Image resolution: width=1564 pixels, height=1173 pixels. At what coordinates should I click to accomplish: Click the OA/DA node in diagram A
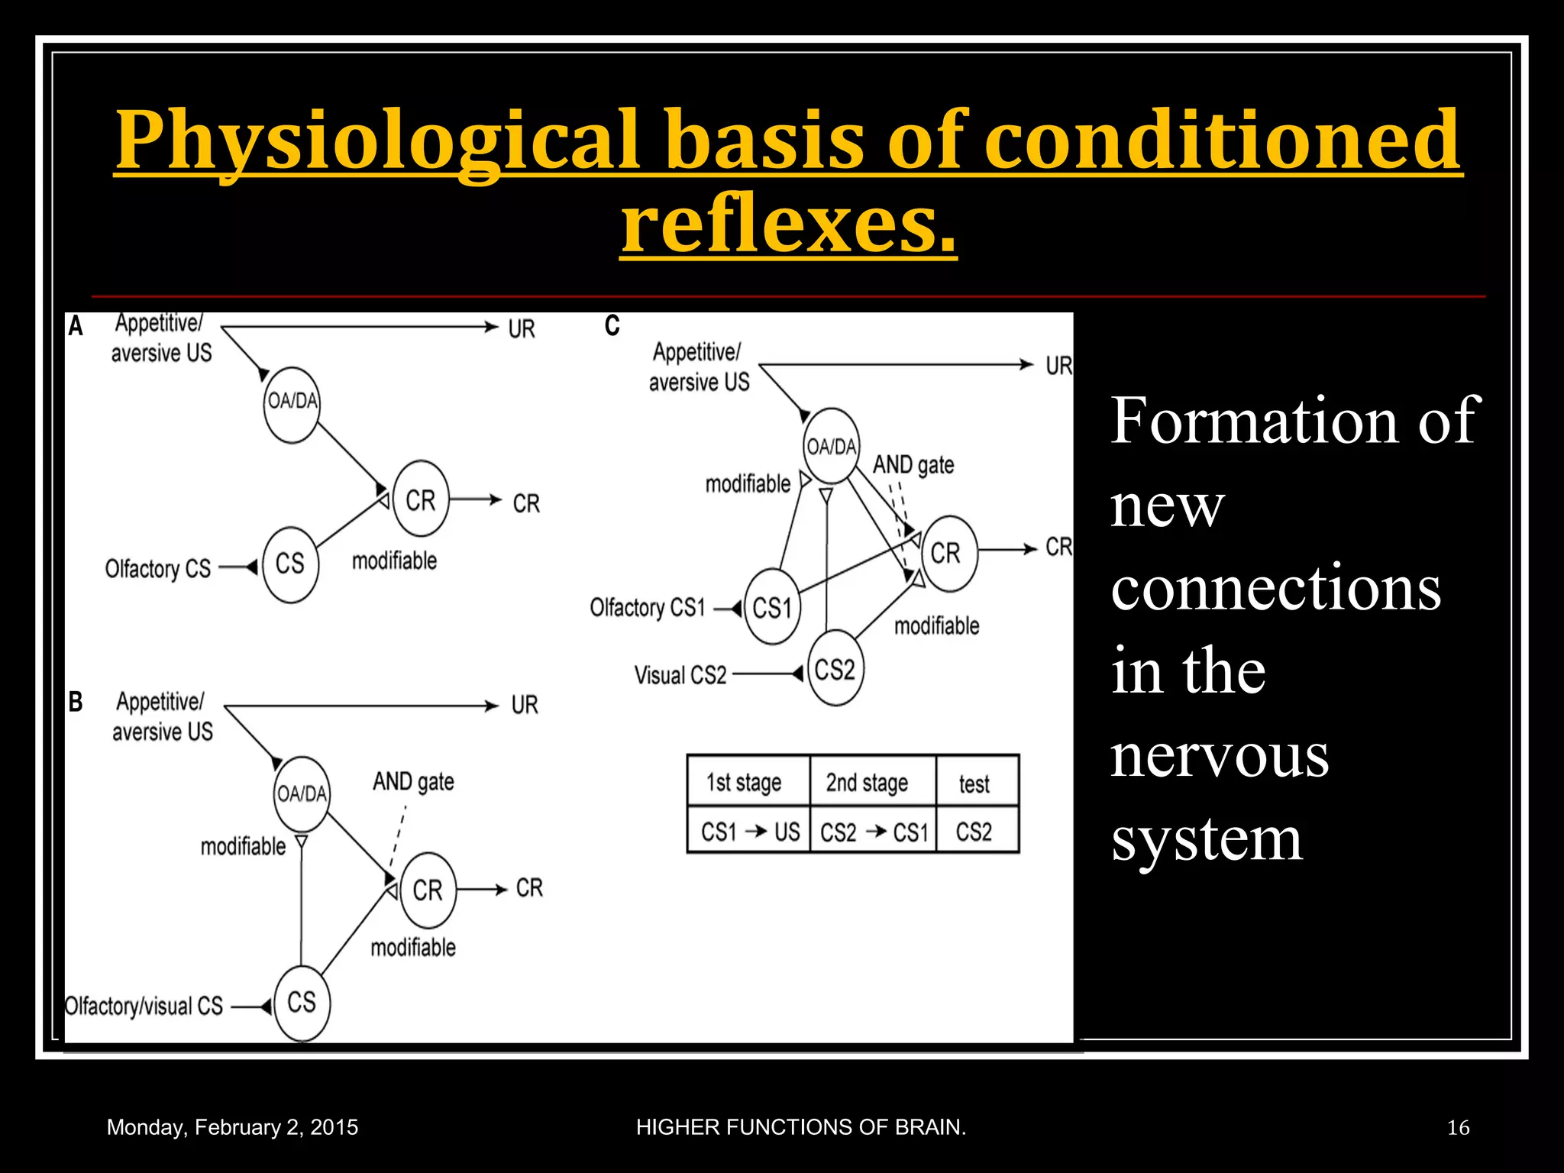[292, 402]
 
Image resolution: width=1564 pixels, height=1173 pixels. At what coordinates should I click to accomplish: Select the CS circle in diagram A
[290, 564]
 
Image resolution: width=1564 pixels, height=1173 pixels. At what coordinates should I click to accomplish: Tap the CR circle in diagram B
[428, 890]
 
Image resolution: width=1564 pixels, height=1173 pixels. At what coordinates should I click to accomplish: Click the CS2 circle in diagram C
[835, 669]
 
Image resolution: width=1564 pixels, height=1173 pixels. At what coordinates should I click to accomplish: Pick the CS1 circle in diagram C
[772, 608]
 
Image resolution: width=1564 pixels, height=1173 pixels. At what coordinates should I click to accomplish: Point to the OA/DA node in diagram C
[832, 446]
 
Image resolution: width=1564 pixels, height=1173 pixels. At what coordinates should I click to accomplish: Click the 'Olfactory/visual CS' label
[144, 1007]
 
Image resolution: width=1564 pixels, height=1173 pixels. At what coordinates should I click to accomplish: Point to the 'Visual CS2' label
[680, 675]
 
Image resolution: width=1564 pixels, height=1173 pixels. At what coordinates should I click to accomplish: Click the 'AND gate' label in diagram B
[413, 781]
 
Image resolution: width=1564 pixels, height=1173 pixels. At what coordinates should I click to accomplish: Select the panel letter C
[612, 326]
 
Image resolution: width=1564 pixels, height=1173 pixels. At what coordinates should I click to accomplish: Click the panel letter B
[76, 701]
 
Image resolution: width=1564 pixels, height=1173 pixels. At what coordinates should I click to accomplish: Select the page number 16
[1457, 1127]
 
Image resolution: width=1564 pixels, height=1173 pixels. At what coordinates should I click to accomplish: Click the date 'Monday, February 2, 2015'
[232, 1127]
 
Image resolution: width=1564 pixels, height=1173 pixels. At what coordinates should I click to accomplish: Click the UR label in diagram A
[522, 329]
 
